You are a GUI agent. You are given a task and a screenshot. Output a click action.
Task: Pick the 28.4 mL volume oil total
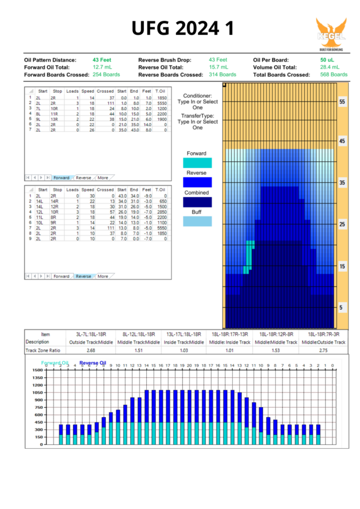[x=330, y=67]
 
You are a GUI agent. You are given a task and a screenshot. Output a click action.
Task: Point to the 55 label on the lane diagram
[x=341, y=102]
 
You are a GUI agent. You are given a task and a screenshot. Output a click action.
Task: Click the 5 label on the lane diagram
[x=341, y=308]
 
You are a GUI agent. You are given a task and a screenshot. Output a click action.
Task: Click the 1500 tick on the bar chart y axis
[x=37, y=370]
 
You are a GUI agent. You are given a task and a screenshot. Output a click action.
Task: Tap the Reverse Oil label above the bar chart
[x=93, y=363]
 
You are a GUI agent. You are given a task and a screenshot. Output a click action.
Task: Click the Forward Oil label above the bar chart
[x=55, y=363]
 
